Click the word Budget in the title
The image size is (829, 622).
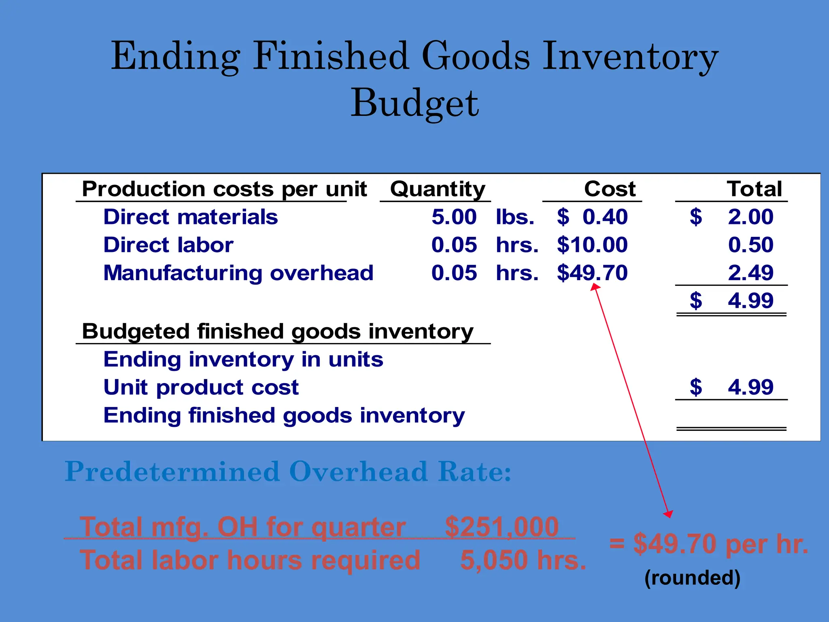[x=414, y=104]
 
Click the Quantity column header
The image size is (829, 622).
[x=438, y=190]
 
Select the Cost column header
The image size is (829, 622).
[x=610, y=189]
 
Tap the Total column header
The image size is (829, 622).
[x=754, y=189]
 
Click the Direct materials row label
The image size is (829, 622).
[x=191, y=217]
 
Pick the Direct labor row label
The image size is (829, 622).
[x=168, y=245]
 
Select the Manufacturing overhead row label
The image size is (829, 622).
[x=238, y=273]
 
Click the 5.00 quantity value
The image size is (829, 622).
[x=454, y=217]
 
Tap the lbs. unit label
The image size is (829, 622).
[x=515, y=217]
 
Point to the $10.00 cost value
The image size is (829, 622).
[x=592, y=245]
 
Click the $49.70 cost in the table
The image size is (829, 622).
[x=592, y=273]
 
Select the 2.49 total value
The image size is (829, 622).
[x=750, y=273]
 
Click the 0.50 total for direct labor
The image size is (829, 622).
[x=750, y=245]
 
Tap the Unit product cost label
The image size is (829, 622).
[x=201, y=388]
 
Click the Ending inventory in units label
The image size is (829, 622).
[x=243, y=360]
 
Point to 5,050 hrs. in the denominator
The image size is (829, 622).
[x=523, y=560]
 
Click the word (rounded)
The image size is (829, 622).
[x=692, y=577]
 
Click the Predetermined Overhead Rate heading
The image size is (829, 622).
[x=288, y=472]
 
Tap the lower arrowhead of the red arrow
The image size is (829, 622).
[x=669, y=514]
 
